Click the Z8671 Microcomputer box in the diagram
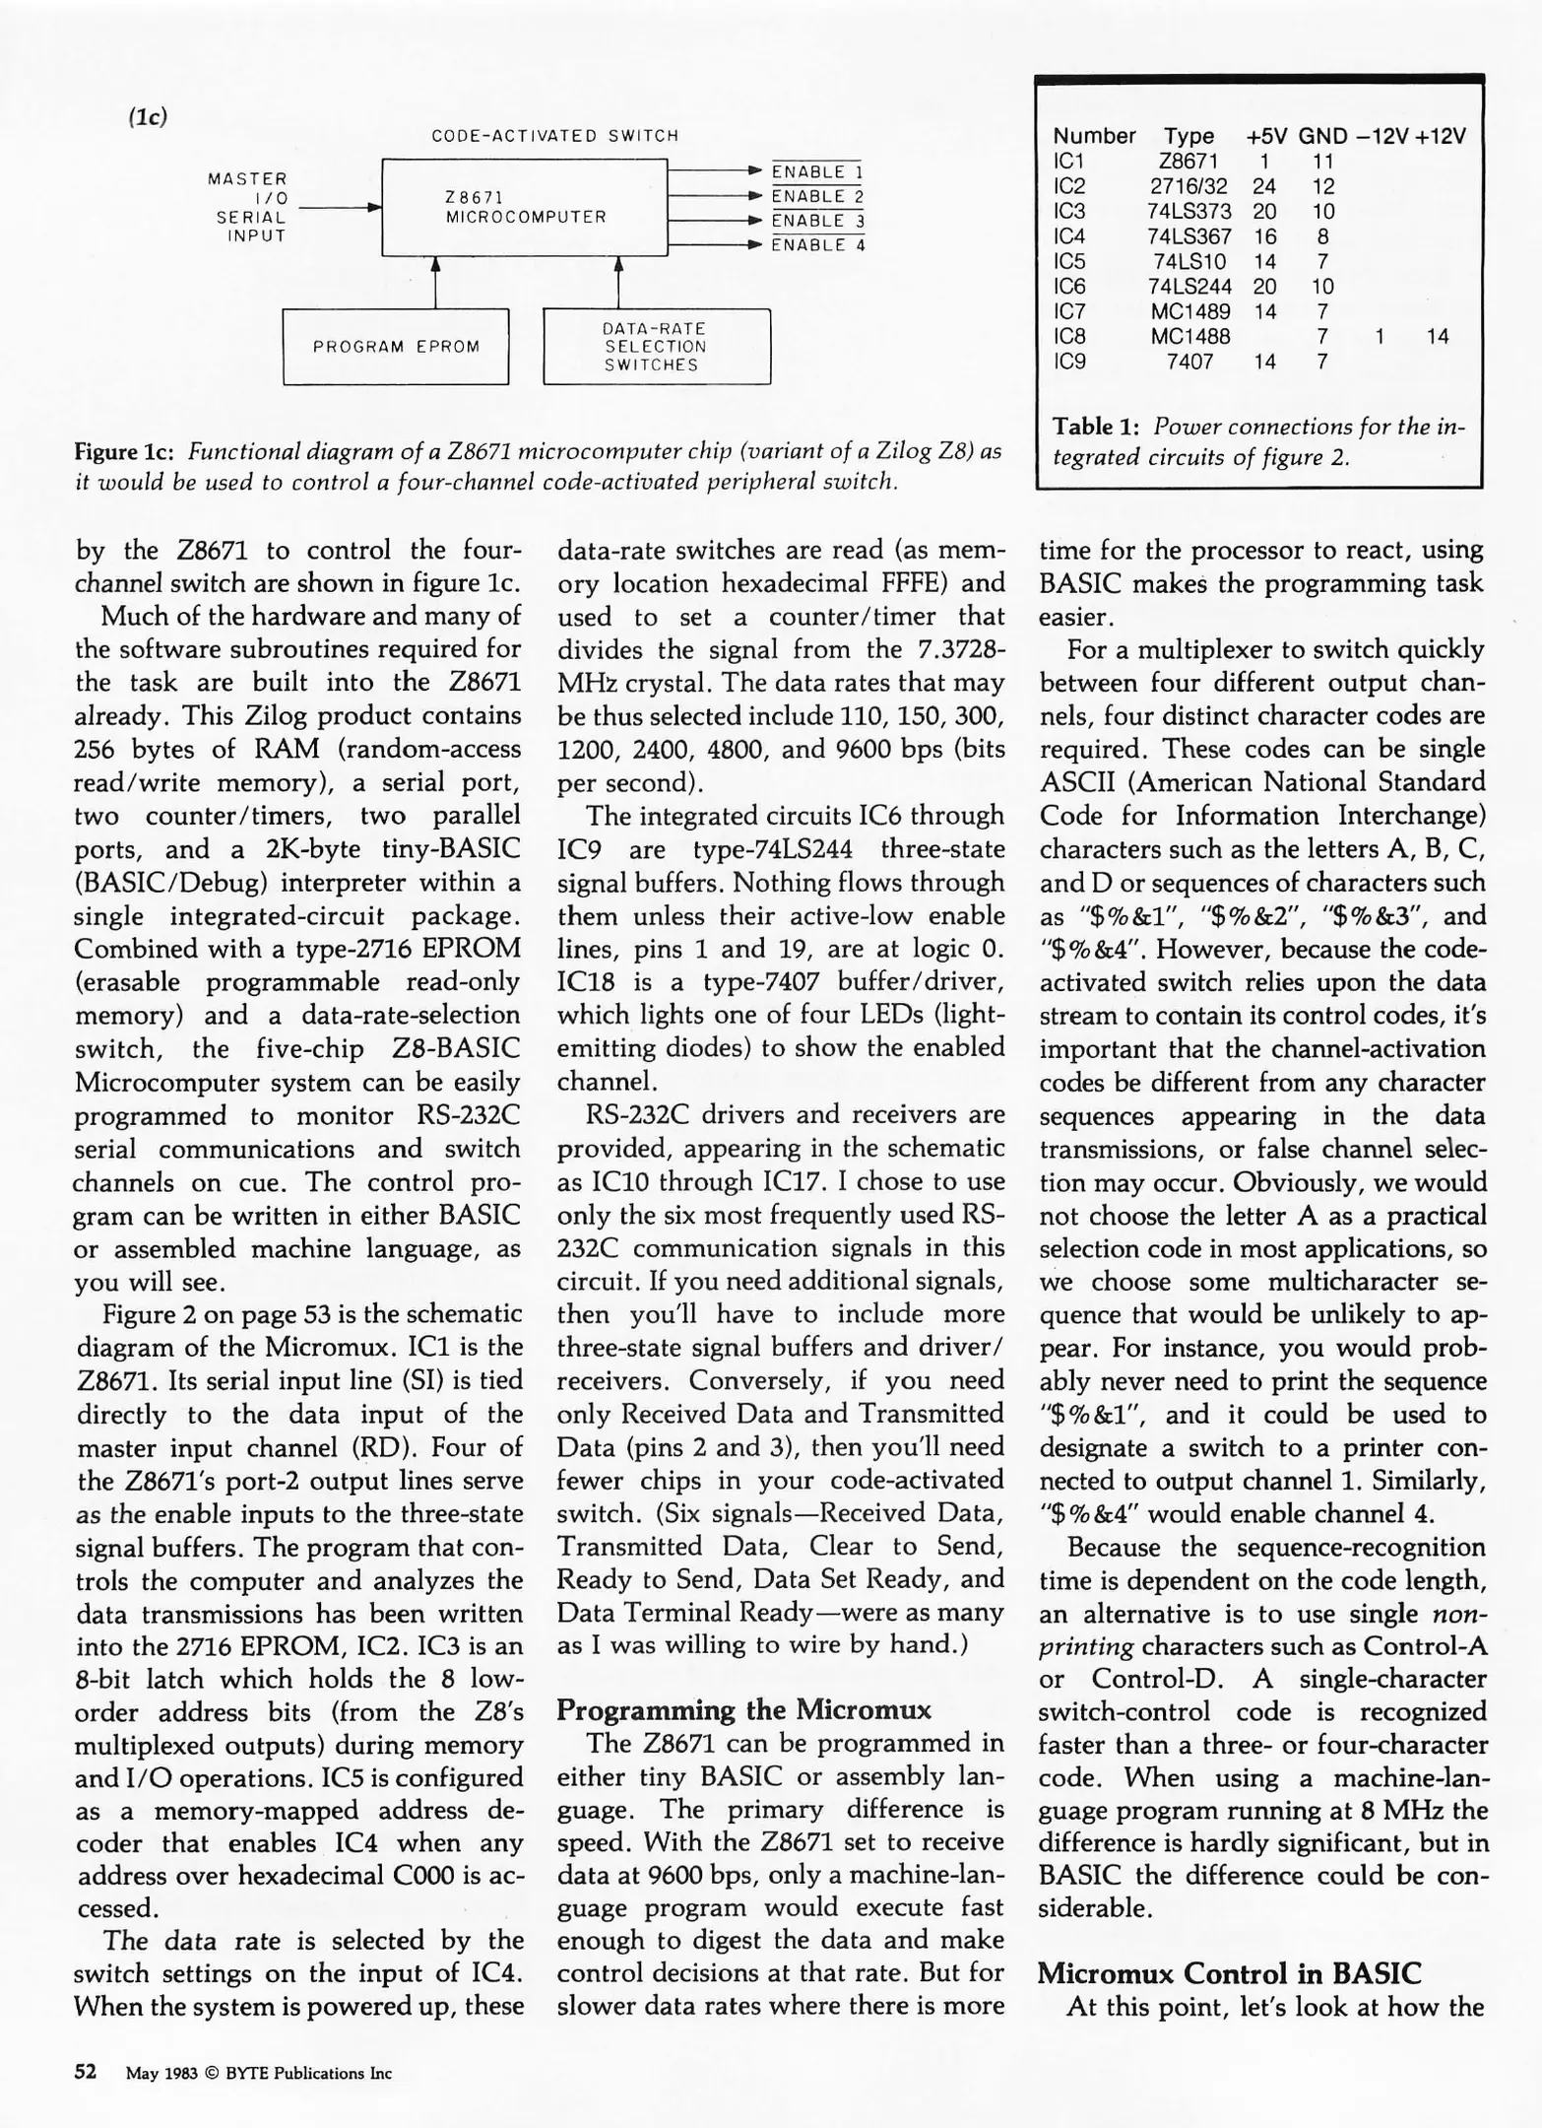click(x=524, y=207)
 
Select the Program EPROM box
click(x=396, y=347)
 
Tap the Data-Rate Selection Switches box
click(x=656, y=347)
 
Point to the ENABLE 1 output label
click(x=816, y=172)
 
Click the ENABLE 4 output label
click(x=816, y=245)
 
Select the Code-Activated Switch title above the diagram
click(x=554, y=136)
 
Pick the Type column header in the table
click(x=1189, y=136)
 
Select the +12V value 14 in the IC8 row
click(x=1437, y=336)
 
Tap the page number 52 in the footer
click(x=86, y=2071)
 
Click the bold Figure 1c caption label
click(x=125, y=452)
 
